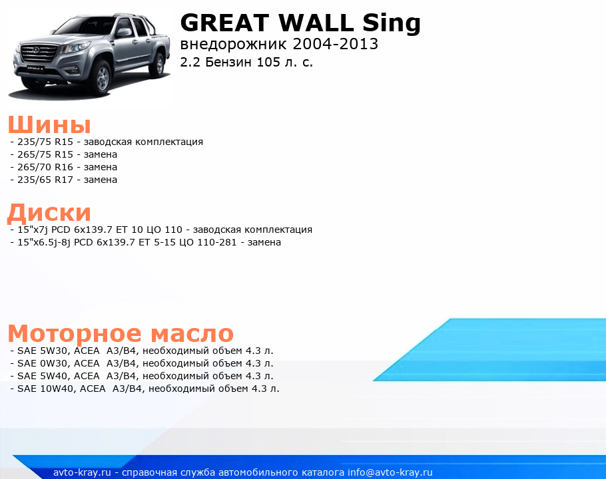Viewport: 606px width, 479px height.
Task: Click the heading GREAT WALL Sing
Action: [x=300, y=23]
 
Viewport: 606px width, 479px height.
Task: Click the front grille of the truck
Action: [x=38, y=53]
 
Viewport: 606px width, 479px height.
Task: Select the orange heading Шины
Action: [x=49, y=124]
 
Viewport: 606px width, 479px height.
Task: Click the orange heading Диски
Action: [x=49, y=213]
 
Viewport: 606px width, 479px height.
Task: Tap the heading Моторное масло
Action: [x=121, y=333]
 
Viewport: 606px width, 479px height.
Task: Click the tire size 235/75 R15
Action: [x=45, y=142]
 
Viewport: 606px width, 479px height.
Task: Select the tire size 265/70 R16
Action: [x=45, y=167]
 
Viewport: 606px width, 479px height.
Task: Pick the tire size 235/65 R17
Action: [x=45, y=180]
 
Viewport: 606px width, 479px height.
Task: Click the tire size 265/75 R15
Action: [x=45, y=154]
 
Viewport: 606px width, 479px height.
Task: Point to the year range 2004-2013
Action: [x=336, y=44]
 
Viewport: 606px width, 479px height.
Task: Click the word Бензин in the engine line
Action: [x=228, y=62]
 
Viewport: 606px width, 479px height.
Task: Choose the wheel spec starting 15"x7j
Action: [x=100, y=230]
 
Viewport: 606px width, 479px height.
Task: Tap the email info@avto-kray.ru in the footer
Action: [x=390, y=472]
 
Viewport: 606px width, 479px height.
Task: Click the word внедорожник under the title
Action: [x=234, y=45]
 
